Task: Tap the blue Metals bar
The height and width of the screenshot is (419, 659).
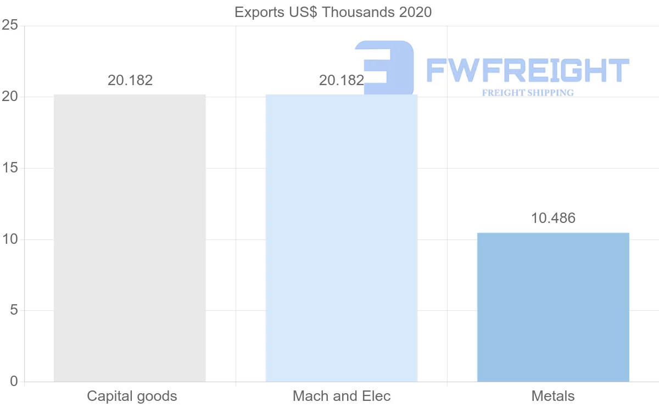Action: click(x=553, y=307)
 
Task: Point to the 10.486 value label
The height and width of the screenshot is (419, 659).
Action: click(x=553, y=218)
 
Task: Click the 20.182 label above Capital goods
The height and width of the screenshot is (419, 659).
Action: click(x=130, y=80)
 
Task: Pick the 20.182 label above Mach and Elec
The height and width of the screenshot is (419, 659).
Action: click(x=341, y=80)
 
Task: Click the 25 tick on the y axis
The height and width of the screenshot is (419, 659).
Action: click(x=10, y=25)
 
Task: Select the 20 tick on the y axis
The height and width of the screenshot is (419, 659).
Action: click(x=10, y=97)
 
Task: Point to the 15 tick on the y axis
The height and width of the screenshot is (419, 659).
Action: click(x=10, y=168)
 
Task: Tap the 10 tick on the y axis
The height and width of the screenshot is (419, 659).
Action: click(x=10, y=239)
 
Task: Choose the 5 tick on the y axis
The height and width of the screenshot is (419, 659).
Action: click(x=14, y=310)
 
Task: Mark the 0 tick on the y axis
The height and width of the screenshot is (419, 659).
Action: click(x=14, y=382)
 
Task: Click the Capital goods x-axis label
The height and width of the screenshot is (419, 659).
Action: click(x=132, y=396)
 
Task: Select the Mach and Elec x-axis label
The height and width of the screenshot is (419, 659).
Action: click(x=342, y=396)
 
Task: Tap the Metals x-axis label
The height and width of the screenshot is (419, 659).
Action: click(x=553, y=396)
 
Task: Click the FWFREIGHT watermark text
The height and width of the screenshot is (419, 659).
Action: click(x=527, y=70)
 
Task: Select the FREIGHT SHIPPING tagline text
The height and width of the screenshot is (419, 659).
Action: click(x=527, y=93)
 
